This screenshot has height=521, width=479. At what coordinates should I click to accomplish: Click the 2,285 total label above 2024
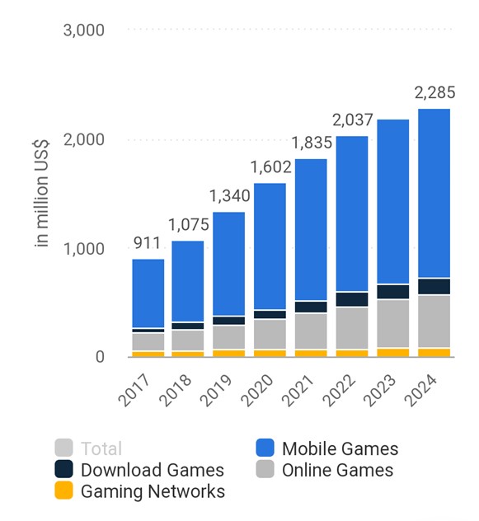(434, 92)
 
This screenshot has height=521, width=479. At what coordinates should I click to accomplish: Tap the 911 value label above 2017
(148, 243)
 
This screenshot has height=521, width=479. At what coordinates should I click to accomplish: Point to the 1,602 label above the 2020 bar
(270, 167)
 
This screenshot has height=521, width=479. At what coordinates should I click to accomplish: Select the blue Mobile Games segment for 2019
(229, 264)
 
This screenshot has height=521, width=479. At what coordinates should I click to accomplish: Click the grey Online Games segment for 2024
(434, 322)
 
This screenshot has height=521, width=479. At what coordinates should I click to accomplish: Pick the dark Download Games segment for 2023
(393, 292)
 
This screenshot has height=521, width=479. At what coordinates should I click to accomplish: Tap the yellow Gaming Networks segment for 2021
(311, 353)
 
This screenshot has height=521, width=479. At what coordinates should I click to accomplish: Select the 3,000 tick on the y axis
(83, 31)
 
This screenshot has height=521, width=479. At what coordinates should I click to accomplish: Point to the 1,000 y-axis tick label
(83, 248)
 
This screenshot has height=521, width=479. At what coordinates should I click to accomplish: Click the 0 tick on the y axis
(99, 357)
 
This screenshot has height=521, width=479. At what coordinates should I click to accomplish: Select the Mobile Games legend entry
(340, 449)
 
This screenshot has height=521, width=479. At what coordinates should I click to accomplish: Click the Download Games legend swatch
(65, 470)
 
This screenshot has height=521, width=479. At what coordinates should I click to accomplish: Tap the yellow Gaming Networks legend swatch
(65, 491)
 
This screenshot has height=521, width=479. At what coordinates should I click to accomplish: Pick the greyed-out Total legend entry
(101, 449)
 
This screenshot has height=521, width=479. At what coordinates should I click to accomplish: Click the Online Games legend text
(337, 470)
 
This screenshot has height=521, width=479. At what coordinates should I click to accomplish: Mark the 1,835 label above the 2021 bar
(311, 143)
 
